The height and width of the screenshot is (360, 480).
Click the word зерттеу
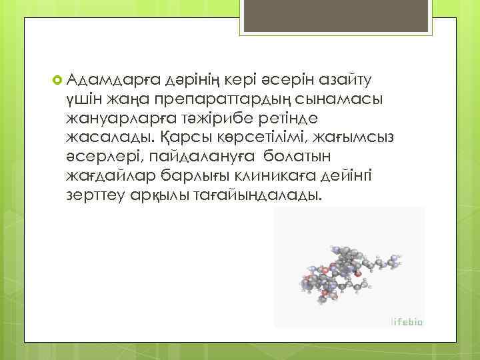tap(97, 197)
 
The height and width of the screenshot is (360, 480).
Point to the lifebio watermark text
tap(407, 321)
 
